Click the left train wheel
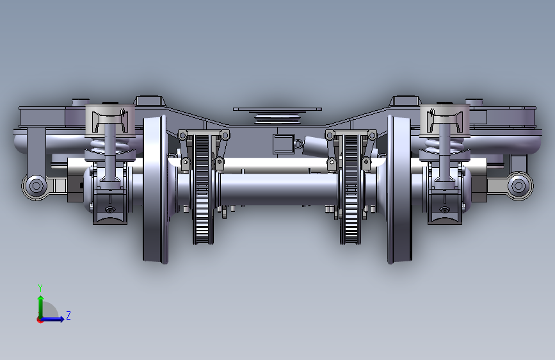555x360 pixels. coord(155,190)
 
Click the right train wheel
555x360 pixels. coord(399,190)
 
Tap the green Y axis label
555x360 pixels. coord(40,288)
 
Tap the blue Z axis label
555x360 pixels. coord(68,315)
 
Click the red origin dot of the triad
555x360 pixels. coord(40,320)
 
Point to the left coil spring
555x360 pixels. coord(109,145)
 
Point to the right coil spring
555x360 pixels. coord(444,145)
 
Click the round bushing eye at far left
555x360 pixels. coord(36,185)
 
